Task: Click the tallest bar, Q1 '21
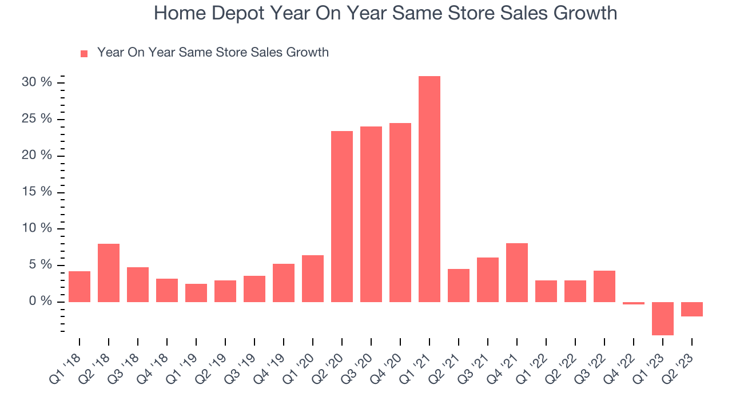pos(429,189)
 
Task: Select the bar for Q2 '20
pos(342,216)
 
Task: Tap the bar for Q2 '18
pos(109,273)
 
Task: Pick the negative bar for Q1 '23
pos(663,318)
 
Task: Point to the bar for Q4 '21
pos(517,272)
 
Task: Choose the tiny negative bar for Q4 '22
pos(634,303)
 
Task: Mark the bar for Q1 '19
pos(196,293)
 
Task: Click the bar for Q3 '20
pos(371,214)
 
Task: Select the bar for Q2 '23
pos(692,309)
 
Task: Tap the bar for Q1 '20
pos(313,279)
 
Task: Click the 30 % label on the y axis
pos(37,82)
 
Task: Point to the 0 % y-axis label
pos(41,302)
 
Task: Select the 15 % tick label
pos(37,192)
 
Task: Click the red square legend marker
pos(84,53)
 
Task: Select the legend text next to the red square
pos(213,53)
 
